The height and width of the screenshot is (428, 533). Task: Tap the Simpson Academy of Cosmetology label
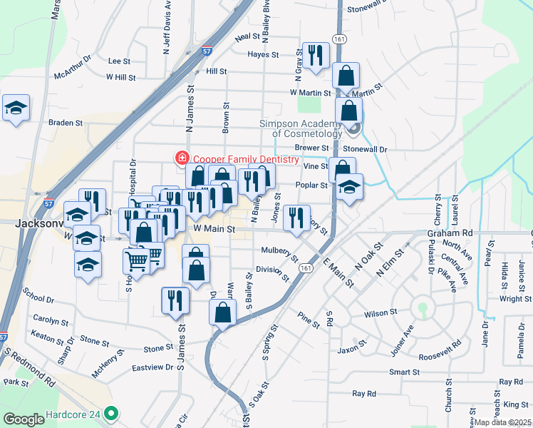point(303,128)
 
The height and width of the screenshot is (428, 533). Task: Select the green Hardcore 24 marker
point(110,413)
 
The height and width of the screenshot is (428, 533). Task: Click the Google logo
point(24,419)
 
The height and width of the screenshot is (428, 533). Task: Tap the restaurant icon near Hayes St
point(314,54)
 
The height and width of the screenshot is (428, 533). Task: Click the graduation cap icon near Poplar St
point(349,187)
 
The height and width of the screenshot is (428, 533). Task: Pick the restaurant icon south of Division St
point(172,300)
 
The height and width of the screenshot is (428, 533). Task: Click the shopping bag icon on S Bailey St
point(222,312)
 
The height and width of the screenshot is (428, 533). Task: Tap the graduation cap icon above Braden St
point(16,108)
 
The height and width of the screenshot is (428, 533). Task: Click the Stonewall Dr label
point(364,150)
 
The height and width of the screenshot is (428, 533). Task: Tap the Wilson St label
point(379,312)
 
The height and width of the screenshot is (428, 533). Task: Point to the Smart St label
point(404,372)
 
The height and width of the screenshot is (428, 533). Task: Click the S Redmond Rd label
point(29,366)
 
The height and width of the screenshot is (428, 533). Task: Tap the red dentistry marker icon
point(182,157)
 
